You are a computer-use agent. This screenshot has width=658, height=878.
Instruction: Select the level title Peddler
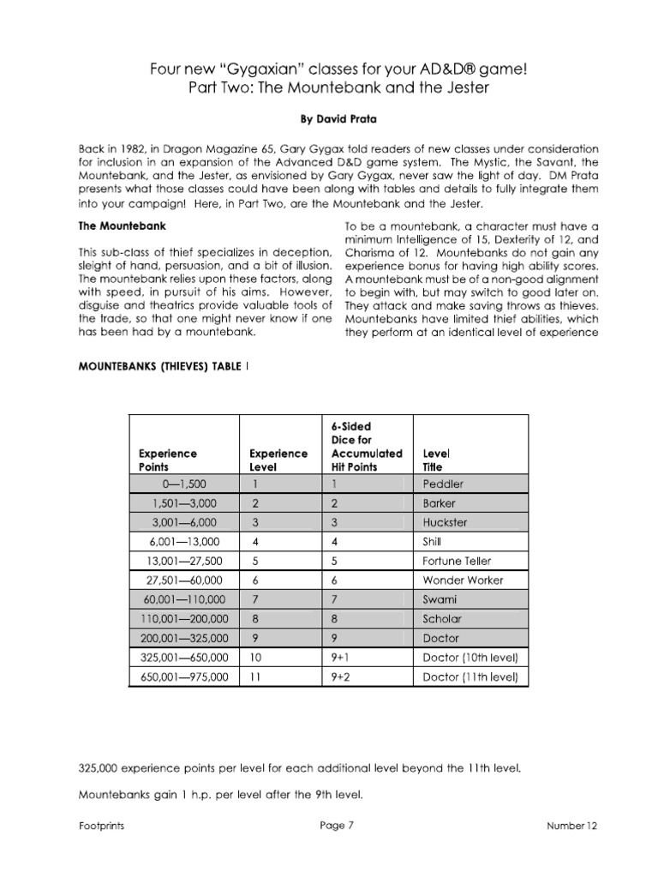[443, 484]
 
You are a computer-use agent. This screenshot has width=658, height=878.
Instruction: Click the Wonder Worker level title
[464, 580]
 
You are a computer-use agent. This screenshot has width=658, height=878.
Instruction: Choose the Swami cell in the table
[440, 599]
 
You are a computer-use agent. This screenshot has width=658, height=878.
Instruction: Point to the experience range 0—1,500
[183, 484]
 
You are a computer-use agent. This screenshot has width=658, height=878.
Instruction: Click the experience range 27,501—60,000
[183, 580]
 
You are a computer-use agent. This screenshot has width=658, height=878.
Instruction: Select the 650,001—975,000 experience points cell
[183, 677]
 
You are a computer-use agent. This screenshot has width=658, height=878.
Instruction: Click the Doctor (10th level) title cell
[470, 658]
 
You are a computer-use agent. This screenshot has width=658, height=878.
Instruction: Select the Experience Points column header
[168, 460]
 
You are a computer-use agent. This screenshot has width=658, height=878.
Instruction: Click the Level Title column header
[437, 460]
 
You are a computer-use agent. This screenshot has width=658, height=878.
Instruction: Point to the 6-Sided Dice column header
[366, 446]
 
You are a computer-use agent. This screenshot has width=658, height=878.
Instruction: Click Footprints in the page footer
[98, 826]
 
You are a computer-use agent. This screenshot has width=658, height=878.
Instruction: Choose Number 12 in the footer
[572, 826]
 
